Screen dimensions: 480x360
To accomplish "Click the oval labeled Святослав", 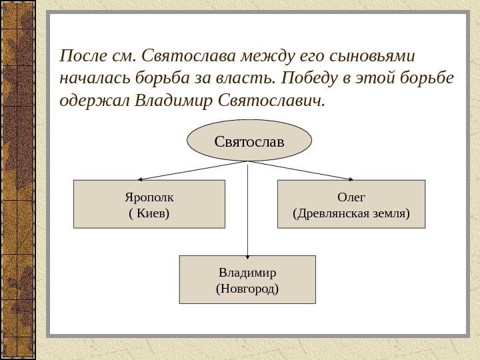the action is (249, 141).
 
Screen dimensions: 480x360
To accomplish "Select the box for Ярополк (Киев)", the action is (149, 204).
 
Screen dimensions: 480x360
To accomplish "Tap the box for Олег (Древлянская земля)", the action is (351, 204).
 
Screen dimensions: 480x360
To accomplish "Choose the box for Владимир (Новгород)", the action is (247, 279).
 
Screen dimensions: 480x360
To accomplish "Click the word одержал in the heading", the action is (94, 101).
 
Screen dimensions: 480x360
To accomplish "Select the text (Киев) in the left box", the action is (149, 213).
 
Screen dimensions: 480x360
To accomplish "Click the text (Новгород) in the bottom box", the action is (247, 289).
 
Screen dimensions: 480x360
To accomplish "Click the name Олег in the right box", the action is (351, 197).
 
